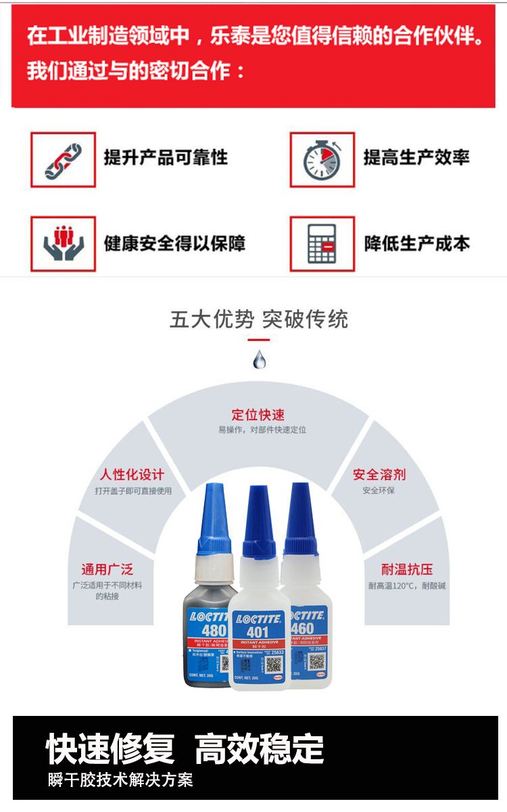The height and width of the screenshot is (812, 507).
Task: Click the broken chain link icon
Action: pos(63,160)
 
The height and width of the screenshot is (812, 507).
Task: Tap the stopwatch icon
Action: pos(322,160)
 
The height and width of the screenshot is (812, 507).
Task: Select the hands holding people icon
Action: pos(63,244)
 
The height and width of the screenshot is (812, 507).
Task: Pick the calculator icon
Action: pos(322,244)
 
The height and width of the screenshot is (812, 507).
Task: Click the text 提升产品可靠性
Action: pos(166,158)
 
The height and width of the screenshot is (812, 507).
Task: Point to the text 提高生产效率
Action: pos(416,158)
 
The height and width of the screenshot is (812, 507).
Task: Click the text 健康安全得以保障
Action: pos(174,244)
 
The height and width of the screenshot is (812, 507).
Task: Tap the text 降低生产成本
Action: pos(416,244)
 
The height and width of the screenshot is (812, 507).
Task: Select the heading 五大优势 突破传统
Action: pos(259,319)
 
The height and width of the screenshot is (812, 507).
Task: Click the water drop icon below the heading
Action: pos(260,359)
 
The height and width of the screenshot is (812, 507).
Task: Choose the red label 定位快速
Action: pos(258,415)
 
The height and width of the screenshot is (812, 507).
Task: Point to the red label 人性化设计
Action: pos(132,474)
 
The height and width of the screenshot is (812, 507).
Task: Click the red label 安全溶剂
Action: pos(379,474)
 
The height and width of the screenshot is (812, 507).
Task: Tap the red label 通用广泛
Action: pos(107,569)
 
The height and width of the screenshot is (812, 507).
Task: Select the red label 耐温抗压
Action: pos(407,569)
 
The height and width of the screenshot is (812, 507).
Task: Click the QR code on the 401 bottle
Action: pos(273,664)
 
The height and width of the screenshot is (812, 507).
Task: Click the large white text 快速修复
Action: pos(110,749)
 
